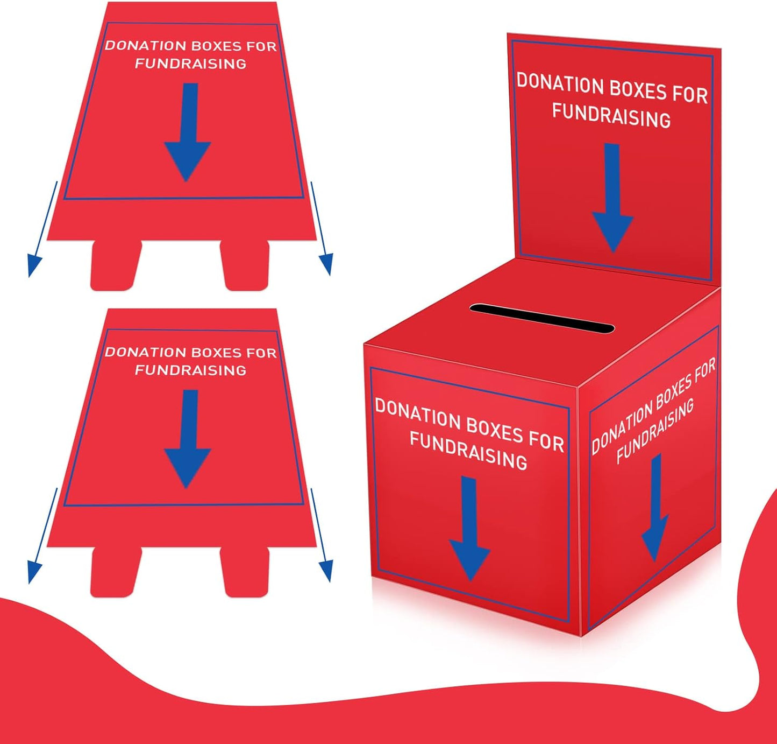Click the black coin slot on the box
541,319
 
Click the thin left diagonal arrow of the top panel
42,229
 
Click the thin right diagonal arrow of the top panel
321,228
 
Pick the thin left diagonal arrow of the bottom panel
42,536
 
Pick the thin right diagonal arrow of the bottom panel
322,535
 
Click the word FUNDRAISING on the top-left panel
190,64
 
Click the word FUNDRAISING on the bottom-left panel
190,370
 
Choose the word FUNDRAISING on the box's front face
468,451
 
